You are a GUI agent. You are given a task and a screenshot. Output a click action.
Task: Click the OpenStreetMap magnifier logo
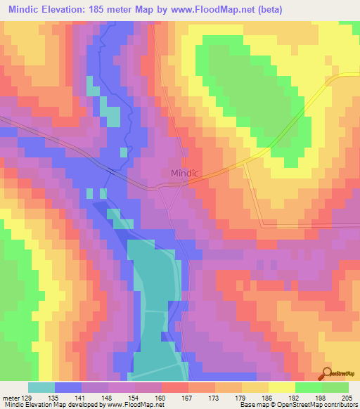[327, 374]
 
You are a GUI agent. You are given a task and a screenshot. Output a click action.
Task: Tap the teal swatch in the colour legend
[41, 387]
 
